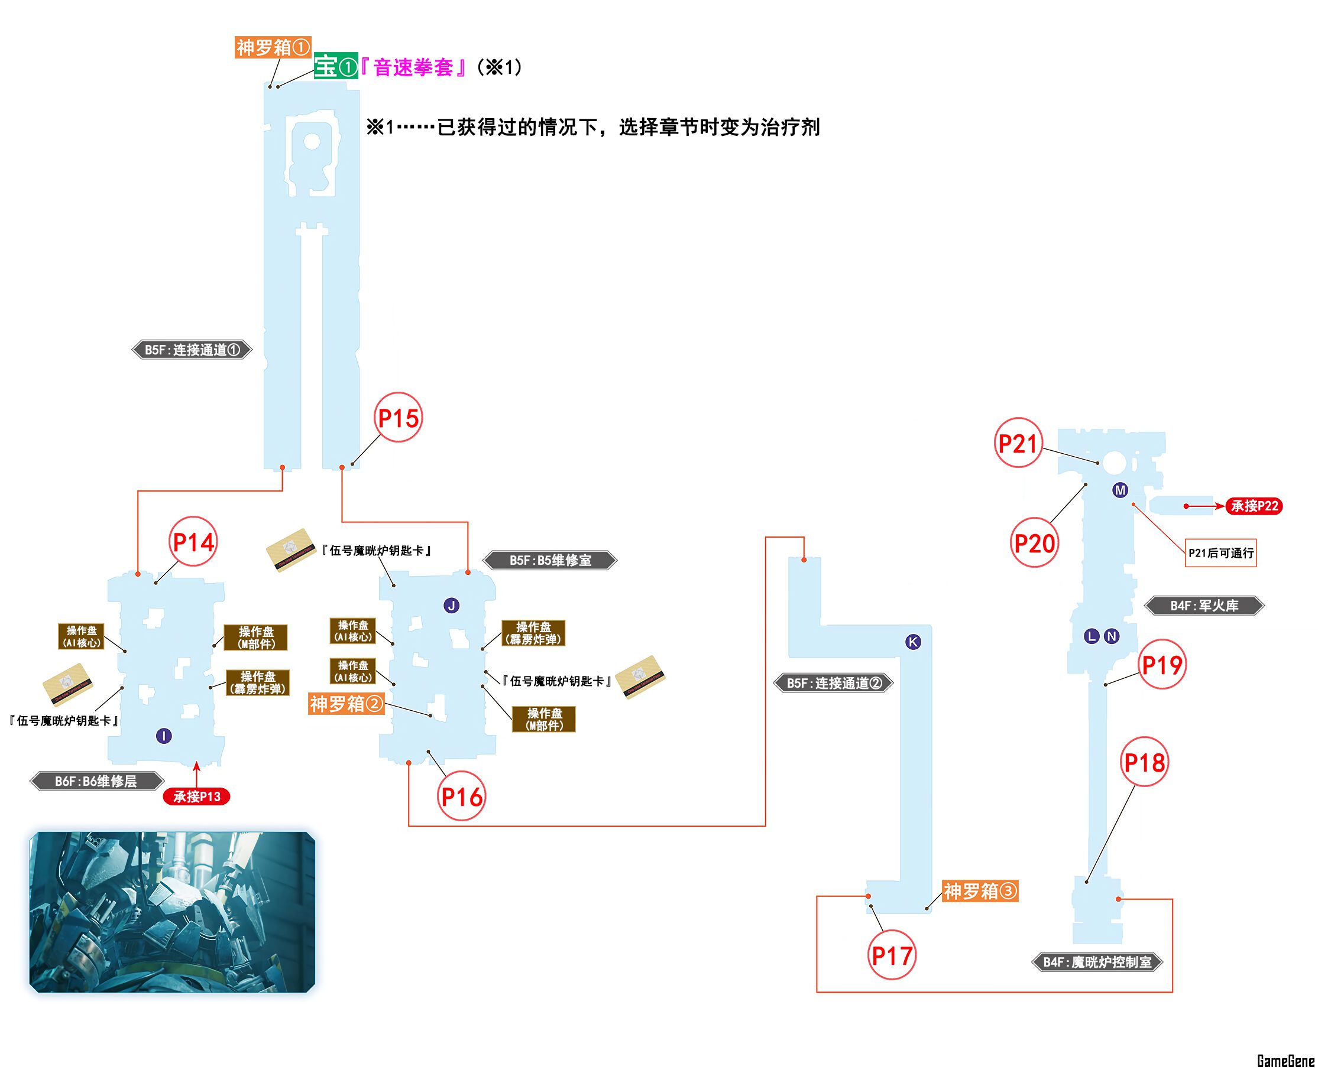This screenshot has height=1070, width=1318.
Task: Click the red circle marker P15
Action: [399, 417]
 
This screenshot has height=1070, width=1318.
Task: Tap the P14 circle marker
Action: [193, 542]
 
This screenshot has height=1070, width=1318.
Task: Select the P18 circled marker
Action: [1144, 762]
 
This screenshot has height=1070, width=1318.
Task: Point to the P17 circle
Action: [891, 955]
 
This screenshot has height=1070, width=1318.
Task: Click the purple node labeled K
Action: [913, 642]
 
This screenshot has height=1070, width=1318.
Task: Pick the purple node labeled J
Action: [452, 605]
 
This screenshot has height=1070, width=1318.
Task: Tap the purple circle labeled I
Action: [163, 736]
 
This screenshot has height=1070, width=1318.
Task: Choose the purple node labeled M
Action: [1120, 490]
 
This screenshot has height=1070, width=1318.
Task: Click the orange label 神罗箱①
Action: [273, 47]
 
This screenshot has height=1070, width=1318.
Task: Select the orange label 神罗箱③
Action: [979, 890]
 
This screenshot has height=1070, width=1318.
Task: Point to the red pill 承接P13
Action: [196, 796]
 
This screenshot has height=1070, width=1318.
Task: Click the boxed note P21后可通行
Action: [1220, 553]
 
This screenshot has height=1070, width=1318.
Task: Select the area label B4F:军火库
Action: [1204, 605]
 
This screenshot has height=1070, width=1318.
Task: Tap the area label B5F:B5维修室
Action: [550, 560]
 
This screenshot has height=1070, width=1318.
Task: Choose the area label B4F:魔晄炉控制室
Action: [1097, 961]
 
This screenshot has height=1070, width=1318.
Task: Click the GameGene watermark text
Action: [1285, 1061]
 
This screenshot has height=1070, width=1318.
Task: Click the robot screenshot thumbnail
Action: [172, 912]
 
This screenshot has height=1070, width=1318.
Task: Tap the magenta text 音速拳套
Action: [413, 67]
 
